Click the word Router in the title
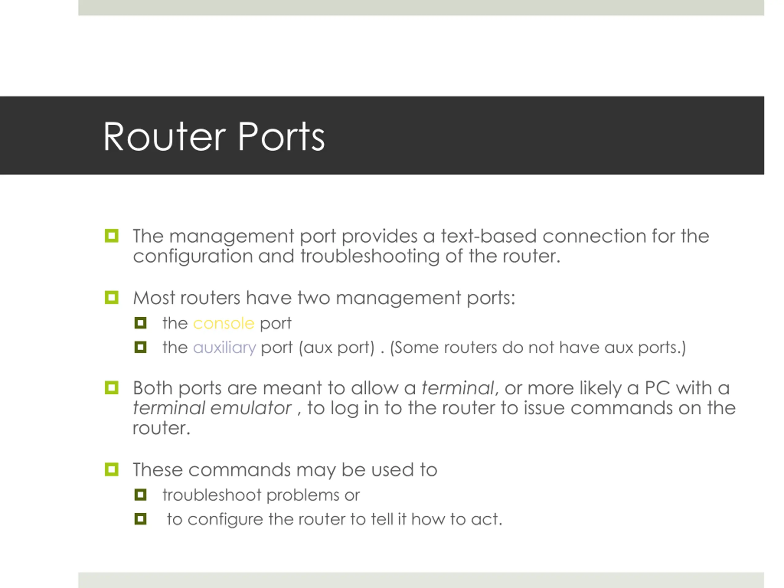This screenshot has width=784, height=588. coord(164,137)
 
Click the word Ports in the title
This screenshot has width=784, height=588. coord(281,137)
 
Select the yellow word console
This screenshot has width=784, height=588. coord(223,323)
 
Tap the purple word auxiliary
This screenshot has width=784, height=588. coord(224,347)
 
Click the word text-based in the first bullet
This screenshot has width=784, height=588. coord(488,236)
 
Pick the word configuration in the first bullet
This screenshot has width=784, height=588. coord(192,256)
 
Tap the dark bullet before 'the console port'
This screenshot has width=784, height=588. coord(140,323)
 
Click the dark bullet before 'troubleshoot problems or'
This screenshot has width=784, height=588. coord(140,495)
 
